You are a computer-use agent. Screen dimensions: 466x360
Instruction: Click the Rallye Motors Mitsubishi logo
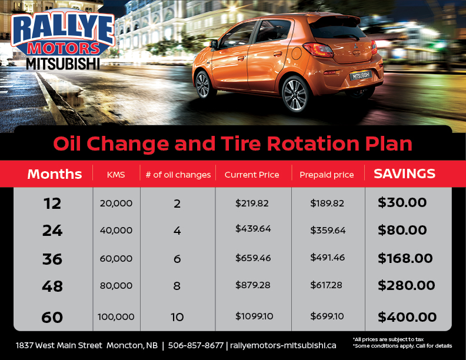63,40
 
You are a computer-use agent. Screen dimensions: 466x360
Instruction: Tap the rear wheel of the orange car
295,95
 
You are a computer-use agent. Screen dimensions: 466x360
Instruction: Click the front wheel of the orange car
203,85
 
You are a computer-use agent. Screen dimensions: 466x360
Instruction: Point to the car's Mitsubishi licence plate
361,75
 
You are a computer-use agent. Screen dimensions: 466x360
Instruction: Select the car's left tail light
318,49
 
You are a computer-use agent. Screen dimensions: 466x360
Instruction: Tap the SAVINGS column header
404,174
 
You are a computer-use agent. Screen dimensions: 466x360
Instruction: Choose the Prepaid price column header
327,175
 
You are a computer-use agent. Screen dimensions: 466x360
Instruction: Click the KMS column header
116,175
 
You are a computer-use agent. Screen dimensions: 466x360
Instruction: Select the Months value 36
52,259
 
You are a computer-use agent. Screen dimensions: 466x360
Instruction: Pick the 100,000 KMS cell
116,316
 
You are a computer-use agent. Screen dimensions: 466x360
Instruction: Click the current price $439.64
253,228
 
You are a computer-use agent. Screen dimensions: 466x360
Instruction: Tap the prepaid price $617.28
327,285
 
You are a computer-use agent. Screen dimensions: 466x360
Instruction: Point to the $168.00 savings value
405,258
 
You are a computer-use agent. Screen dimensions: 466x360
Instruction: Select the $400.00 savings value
407,317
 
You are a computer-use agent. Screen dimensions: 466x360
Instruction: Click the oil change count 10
177,317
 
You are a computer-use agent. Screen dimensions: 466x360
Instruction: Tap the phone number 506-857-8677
195,345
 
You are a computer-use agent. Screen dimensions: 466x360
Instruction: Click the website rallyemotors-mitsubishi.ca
283,345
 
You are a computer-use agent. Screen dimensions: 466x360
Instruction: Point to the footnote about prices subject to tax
388,339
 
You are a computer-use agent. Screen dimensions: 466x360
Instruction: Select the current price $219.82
252,203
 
